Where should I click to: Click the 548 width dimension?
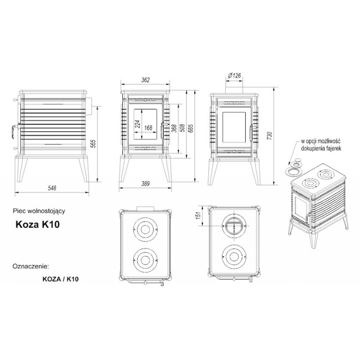click(x=52, y=188)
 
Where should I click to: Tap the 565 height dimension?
click(x=94, y=144)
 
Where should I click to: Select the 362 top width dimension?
click(x=145, y=80)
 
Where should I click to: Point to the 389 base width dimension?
click(x=145, y=184)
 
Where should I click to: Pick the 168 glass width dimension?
click(x=148, y=128)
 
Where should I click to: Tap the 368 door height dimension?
click(x=174, y=129)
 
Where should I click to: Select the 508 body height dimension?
click(x=183, y=129)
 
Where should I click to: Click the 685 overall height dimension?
click(x=191, y=129)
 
